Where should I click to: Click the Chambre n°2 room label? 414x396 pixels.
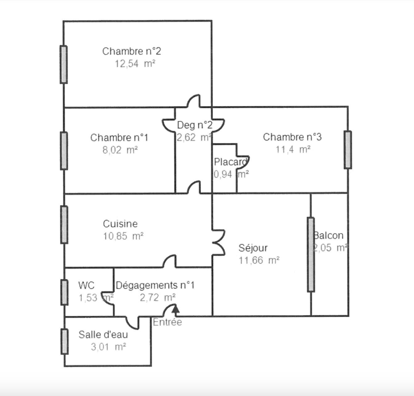(131, 51)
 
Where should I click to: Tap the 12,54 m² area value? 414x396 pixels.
(135, 64)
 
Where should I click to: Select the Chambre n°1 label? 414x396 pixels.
(119, 138)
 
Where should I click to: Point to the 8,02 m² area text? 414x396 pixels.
(120, 150)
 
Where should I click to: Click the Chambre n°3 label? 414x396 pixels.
(292, 137)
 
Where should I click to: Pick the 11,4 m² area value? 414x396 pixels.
(293, 149)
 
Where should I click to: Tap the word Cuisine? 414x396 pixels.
(120, 224)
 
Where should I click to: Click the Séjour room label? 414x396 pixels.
(253, 248)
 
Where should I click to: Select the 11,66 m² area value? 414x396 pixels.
(259, 260)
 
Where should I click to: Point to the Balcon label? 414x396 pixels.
(329, 235)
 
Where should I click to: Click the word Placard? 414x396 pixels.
(230, 162)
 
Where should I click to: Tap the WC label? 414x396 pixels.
(86, 285)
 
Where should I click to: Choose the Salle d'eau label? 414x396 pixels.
(103, 334)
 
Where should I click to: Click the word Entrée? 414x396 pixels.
(167, 322)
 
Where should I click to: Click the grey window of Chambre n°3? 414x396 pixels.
(348, 150)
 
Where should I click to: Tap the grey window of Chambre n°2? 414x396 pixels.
(64, 65)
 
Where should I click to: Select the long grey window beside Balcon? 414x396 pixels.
(311, 255)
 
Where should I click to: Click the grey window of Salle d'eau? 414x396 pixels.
(64, 341)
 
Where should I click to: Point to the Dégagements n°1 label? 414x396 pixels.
(155, 285)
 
